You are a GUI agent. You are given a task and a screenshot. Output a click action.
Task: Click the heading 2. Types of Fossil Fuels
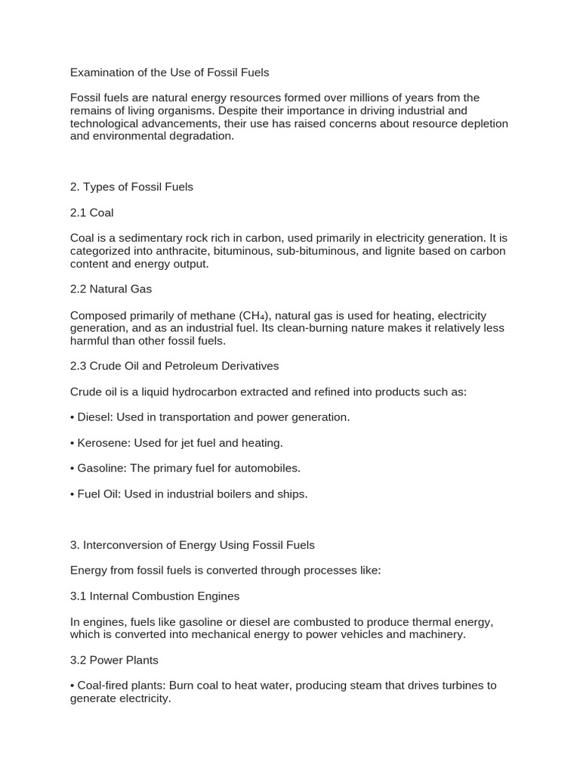point(131,187)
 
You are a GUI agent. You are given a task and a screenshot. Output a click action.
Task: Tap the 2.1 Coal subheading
point(91,212)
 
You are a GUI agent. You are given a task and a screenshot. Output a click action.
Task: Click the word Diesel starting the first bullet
point(94,417)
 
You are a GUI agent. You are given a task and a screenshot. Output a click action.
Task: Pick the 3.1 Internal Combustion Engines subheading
point(155,596)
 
